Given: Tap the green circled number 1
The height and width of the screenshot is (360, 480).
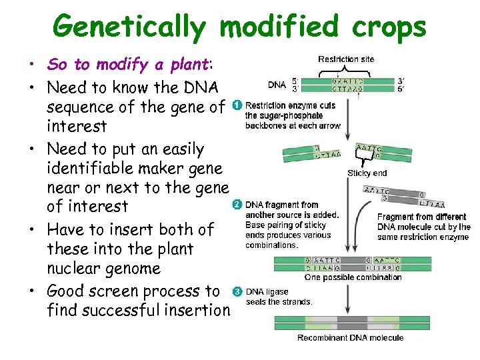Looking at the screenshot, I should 237,105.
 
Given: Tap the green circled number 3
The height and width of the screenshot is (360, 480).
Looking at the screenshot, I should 237,292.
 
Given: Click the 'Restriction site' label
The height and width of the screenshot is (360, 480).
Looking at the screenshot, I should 346,59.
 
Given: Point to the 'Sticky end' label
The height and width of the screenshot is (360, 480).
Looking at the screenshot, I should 367,173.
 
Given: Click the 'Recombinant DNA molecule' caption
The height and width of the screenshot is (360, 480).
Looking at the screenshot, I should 351,338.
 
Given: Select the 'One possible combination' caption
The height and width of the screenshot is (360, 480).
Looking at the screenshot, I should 353,277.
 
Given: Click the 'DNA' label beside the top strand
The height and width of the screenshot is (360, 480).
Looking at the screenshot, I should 277,85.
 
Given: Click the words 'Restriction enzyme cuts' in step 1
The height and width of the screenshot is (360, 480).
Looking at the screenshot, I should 290,105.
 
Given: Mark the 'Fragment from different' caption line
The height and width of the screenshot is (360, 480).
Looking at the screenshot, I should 423,217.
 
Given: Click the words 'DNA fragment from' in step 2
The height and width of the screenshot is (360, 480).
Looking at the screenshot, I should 282,205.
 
